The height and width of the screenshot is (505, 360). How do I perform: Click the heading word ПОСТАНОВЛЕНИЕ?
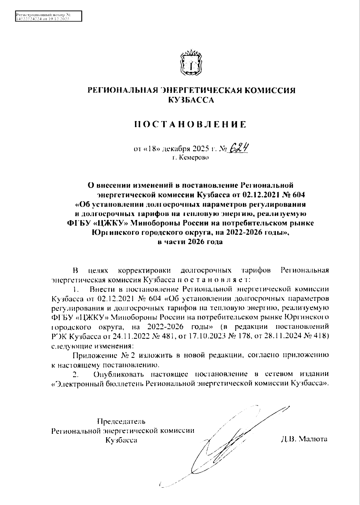[x=190, y=124]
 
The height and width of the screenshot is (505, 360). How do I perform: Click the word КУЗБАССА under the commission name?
[x=191, y=100]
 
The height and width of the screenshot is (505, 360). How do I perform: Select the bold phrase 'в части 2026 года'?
[x=190, y=242]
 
